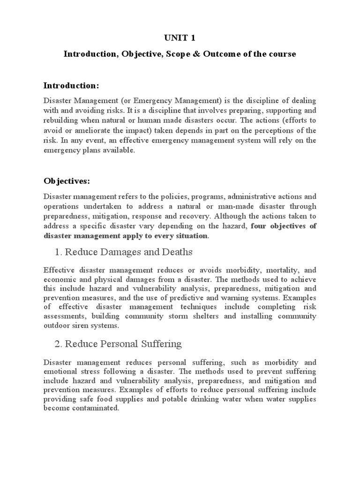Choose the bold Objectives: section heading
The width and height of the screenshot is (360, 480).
pyautogui.click(x=67, y=181)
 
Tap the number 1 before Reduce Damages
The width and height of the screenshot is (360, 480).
pyautogui.click(x=58, y=252)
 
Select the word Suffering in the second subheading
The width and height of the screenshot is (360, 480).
pyautogui.click(x=157, y=344)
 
